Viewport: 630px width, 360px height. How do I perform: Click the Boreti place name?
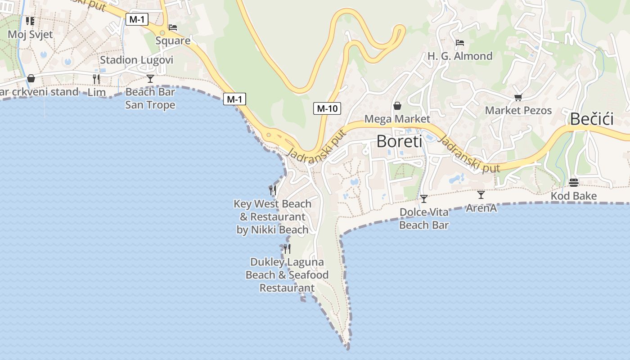(399, 141)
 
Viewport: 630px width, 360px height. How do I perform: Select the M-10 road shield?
(327, 108)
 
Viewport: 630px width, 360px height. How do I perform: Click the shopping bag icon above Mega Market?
(397, 106)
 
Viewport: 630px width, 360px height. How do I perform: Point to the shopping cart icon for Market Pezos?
(518, 97)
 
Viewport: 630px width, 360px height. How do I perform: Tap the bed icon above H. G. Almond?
(460, 43)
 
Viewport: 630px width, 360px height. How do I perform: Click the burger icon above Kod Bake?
(574, 183)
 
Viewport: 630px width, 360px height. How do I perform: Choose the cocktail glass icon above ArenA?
(481, 195)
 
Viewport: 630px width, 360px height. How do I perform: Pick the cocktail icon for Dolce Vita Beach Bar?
(424, 198)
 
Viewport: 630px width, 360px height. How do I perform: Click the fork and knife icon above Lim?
(96, 79)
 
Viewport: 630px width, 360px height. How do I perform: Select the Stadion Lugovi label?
(136, 60)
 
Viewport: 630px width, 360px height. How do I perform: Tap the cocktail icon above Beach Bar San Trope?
(150, 79)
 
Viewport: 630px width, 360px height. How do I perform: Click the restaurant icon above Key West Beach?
(272, 190)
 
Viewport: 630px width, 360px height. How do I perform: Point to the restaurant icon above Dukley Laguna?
(287, 248)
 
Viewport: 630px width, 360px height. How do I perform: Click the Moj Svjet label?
(30, 34)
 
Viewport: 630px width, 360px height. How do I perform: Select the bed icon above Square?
(173, 27)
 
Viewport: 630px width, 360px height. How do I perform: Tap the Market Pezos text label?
(518, 110)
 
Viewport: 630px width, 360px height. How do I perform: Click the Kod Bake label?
(574, 196)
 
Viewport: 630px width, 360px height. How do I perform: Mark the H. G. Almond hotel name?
(460, 56)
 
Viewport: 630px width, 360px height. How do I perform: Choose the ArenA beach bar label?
(481, 208)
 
